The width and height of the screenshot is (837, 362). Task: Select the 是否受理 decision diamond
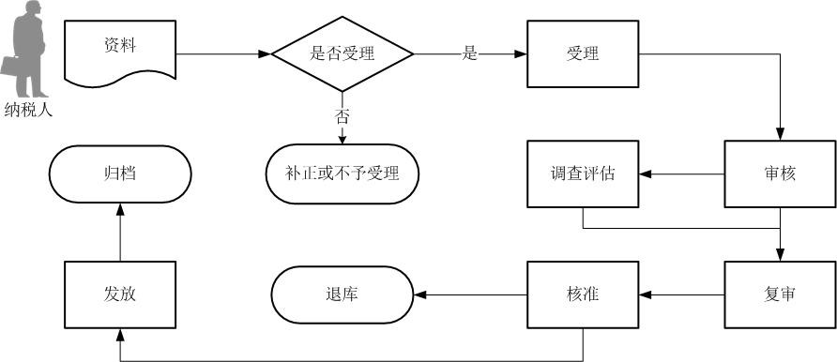[342, 53]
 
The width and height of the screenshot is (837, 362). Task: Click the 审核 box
[780, 173]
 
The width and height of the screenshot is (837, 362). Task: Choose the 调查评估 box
[583, 173]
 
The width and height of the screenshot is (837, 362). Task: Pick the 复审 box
[780, 294]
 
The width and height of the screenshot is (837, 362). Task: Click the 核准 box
[583, 294]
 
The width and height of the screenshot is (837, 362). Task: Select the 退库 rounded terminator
[342, 294]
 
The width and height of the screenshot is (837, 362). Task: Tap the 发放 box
[120, 294]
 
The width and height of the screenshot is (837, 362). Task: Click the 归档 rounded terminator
[120, 173]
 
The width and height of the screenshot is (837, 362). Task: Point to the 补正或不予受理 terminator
[342, 173]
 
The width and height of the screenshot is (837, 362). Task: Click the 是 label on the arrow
[470, 53]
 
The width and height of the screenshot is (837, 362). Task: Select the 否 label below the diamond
[342, 116]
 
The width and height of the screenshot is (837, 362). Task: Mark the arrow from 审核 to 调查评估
[681, 173]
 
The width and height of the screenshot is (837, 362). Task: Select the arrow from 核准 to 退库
[469, 294]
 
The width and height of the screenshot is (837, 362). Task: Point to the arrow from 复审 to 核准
[681, 294]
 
